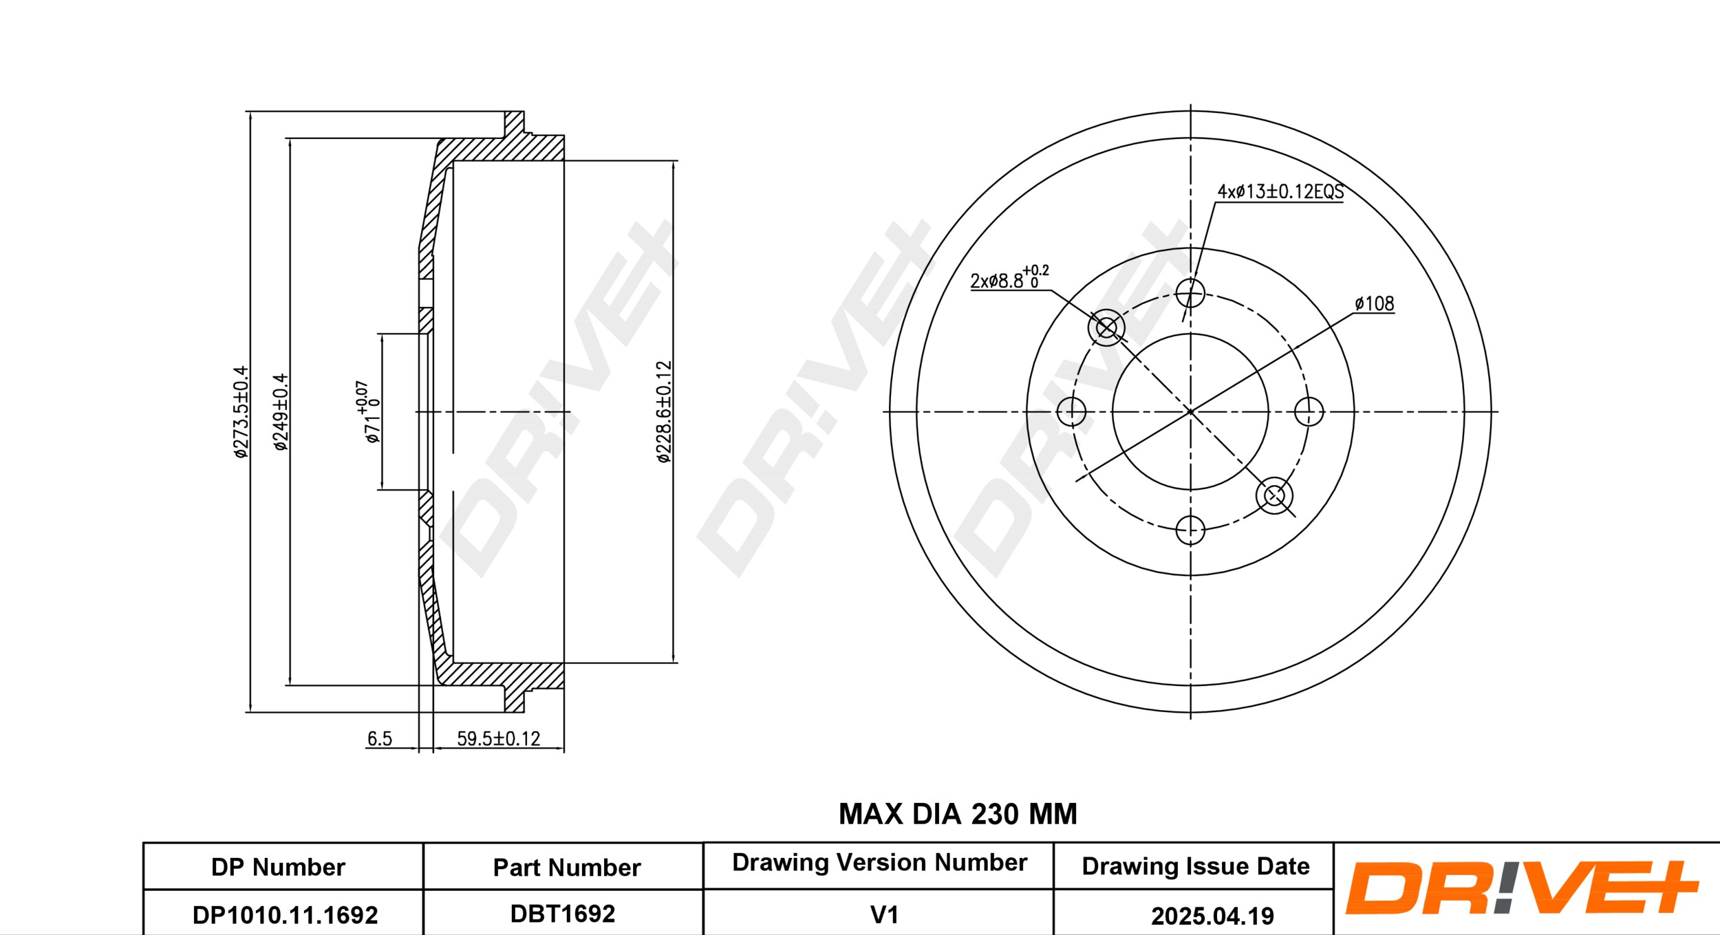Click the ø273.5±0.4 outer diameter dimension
point(240,412)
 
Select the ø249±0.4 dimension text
point(281,412)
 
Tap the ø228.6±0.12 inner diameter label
point(664,412)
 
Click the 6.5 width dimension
point(379,739)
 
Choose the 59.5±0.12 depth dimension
point(499,739)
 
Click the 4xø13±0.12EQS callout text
point(1280,191)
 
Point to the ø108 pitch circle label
point(1374,303)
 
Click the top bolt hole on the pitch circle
point(1190,293)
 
